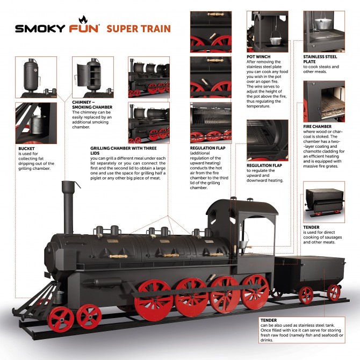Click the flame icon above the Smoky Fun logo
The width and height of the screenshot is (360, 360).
[x=83, y=19]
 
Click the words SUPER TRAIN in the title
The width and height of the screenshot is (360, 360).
[x=139, y=28]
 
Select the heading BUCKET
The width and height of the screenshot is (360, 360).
[x=26, y=148]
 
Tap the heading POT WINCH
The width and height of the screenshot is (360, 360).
[x=258, y=57]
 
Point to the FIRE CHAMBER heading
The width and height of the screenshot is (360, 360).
[x=318, y=126]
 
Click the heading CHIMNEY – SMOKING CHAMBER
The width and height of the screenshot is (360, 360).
[x=92, y=105]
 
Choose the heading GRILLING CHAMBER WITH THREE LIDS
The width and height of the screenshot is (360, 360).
[x=124, y=150]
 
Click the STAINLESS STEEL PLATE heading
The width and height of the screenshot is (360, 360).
[x=320, y=59]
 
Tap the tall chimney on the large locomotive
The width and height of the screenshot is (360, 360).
[x=68, y=207]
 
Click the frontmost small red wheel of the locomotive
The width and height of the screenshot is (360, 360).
[x=61, y=320]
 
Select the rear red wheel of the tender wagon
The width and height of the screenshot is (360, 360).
[x=333, y=292]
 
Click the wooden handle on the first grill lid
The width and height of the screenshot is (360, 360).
[x=118, y=256]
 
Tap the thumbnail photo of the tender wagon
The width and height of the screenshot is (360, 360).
[x=324, y=202]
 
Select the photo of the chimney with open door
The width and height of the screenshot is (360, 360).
[x=93, y=77]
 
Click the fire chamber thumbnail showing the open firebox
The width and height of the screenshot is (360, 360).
[x=324, y=102]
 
